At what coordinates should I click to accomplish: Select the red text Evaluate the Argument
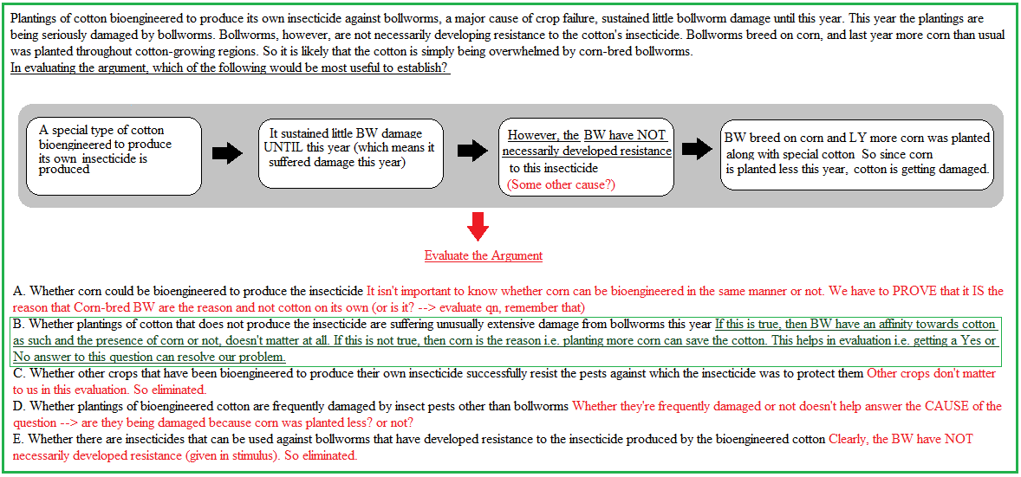[x=483, y=255]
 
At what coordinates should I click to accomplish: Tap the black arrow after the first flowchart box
[x=227, y=154]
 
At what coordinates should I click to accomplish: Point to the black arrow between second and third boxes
[x=473, y=151]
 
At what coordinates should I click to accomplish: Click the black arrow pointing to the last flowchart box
[x=696, y=148]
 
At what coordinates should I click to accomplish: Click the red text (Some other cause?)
[x=562, y=184]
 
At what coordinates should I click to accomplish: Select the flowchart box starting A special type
[x=114, y=156]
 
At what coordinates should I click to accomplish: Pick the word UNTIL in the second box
[x=281, y=148]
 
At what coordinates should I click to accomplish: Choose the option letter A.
[x=17, y=290]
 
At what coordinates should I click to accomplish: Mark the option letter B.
[x=17, y=324]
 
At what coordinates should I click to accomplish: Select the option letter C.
[x=17, y=374]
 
